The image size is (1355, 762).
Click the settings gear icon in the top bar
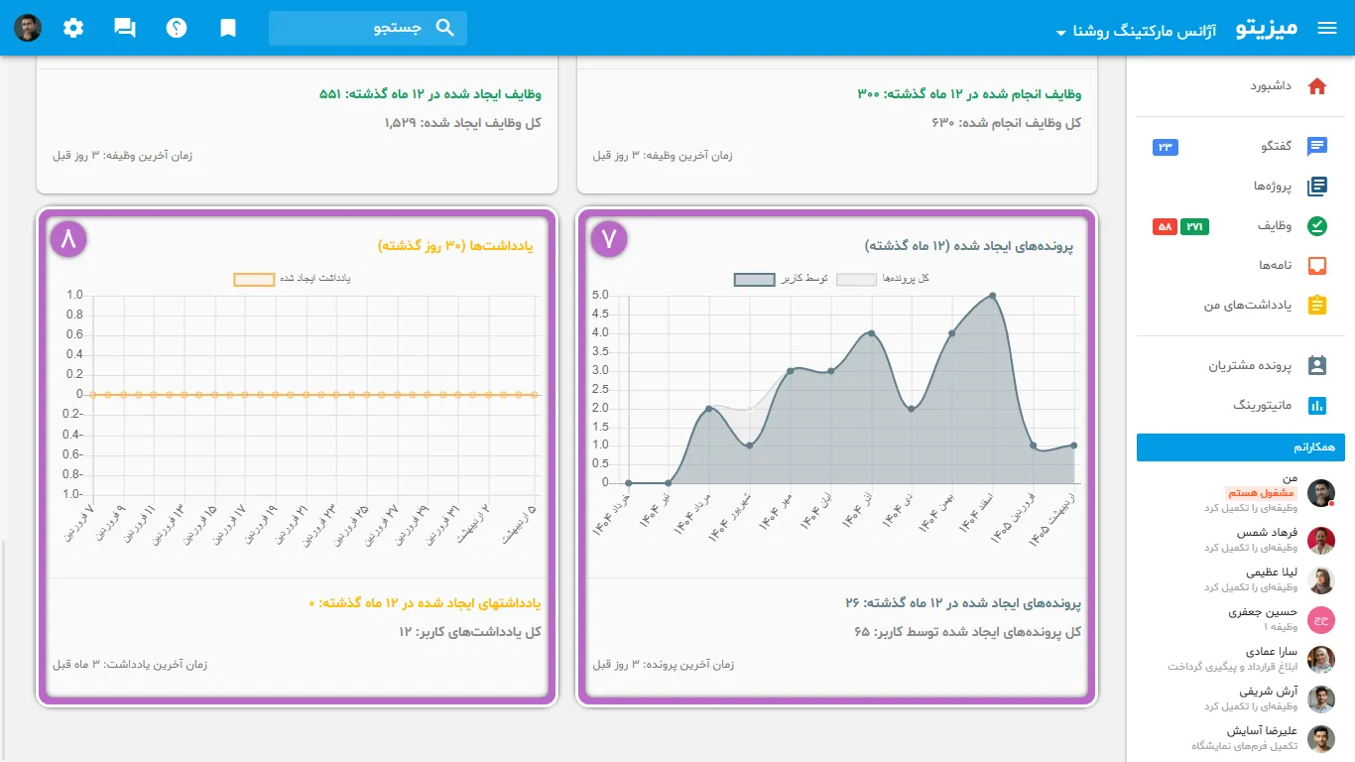point(73,28)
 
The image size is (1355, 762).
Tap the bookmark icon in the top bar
point(227,28)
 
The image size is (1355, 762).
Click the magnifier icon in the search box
point(444,28)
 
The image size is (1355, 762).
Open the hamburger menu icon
point(1326,28)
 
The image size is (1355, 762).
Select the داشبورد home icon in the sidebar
point(1317,86)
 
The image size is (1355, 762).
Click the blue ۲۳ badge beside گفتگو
point(1166,147)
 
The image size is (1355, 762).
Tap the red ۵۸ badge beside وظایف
point(1165,226)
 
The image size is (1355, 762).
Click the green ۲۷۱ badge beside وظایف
point(1194,226)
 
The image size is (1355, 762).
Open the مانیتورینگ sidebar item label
point(1263,405)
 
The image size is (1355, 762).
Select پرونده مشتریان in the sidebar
point(1250,365)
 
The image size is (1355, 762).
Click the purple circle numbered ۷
point(608,239)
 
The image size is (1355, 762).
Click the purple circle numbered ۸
point(68,239)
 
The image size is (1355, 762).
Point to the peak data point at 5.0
point(993,296)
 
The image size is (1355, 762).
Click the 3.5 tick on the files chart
point(600,351)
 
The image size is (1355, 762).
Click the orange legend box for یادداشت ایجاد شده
point(254,279)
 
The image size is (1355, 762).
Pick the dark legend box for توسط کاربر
point(754,279)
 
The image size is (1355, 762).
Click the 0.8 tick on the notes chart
point(74,315)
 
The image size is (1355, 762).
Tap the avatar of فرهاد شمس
point(1320,540)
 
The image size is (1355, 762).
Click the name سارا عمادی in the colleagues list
point(1272,651)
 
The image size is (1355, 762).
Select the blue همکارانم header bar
point(1241,447)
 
